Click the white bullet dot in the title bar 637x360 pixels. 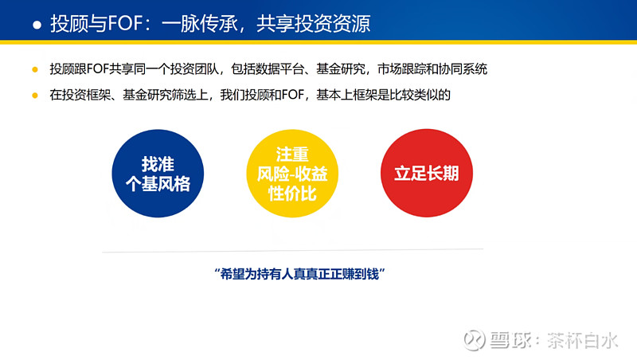coord(37,25)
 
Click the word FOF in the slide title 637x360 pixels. coord(125,23)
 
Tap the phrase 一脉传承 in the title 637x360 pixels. coord(200,23)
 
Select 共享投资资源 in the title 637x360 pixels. coord(313,23)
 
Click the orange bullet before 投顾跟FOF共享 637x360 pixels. coord(35,69)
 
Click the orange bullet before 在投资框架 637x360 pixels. coord(35,96)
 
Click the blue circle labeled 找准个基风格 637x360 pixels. coord(158,174)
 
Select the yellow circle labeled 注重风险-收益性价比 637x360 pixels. coord(292,174)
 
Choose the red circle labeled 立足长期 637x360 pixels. coord(427,173)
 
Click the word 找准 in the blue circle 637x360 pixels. coord(158,164)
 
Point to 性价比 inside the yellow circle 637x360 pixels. coord(292,194)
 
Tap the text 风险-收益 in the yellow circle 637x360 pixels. coord(292,174)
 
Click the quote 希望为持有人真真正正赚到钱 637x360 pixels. coord(300,274)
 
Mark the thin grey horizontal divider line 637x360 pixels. coord(292,250)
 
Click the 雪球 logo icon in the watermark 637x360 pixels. coord(474,339)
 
